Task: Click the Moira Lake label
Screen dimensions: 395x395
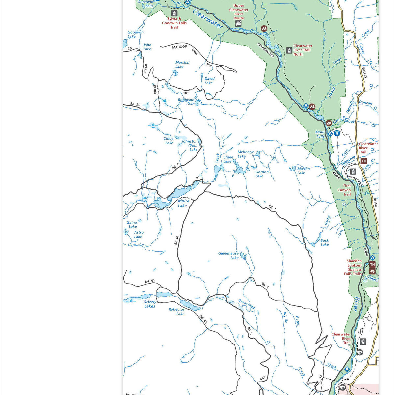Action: [183, 203]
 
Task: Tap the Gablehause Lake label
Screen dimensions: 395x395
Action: [228, 255]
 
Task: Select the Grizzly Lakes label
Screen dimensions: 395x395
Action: [150, 304]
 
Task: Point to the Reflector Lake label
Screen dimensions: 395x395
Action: [177, 311]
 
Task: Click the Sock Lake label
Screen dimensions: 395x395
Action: [325, 242]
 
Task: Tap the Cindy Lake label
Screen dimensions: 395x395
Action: [169, 141]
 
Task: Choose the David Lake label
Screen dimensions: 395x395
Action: [209, 81]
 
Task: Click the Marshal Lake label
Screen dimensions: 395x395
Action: [182, 64]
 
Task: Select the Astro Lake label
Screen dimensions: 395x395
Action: [139, 234]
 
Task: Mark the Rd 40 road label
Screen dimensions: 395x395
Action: [176, 240]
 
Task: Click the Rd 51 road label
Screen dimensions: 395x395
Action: [150, 281]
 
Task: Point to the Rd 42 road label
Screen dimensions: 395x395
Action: [203, 319]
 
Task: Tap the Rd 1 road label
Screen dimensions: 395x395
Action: [271, 207]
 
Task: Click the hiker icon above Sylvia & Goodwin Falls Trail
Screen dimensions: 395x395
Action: [174, 13]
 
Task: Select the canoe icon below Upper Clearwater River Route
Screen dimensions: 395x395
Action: [238, 24]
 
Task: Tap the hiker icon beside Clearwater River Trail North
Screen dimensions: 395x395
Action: [289, 50]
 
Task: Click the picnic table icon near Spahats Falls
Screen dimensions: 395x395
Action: [372, 271]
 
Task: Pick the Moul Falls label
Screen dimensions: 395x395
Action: [320, 134]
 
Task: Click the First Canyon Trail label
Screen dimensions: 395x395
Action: [345, 190]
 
